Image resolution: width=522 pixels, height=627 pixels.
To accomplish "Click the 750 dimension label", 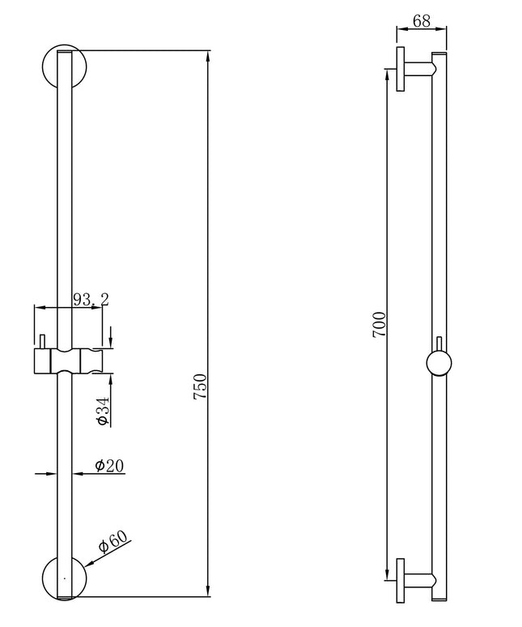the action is coord(200,386).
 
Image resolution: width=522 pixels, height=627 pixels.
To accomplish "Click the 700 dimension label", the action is coord(380,325).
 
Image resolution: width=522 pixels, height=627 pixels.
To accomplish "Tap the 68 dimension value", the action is coord(422,21).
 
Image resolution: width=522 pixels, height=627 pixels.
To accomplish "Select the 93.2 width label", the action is coord(91,299).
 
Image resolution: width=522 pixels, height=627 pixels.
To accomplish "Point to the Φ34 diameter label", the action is coord(102,411).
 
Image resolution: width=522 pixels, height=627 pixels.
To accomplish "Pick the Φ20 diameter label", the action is coord(109,465).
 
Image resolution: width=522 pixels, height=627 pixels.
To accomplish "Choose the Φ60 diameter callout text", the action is coord(113,542).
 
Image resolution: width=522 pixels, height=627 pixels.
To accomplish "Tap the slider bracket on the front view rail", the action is coord(69,361).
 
